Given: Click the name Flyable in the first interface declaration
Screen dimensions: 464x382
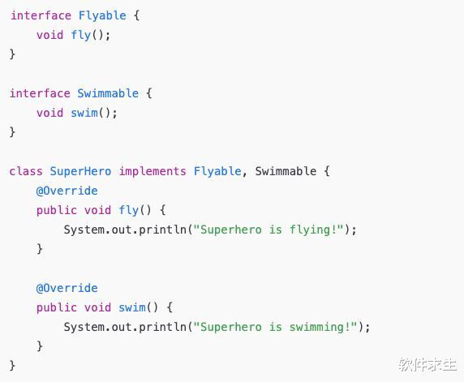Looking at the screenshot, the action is pyautogui.click(x=102, y=15).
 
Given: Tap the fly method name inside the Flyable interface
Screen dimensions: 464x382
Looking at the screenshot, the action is pyautogui.click(x=81, y=35).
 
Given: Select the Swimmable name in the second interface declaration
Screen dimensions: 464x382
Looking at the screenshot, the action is pyautogui.click(x=108, y=93).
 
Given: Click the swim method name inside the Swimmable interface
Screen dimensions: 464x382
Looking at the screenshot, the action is pyautogui.click(x=84, y=113).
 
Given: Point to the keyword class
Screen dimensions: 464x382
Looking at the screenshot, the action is pyautogui.click(x=26, y=171).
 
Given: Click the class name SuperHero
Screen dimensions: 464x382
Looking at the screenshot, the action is pyautogui.click(x=80, y=172).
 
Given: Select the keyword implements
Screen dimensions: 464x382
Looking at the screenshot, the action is pyautogui.click(x=153, y=172).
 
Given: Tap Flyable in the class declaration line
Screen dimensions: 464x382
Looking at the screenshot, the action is pyautogui.click(x=217, y=172).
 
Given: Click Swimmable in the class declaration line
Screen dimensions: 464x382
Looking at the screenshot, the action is pyautogui.click(x=286, y=171).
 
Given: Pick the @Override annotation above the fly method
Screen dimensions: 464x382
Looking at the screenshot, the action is pyautogui.click(x=67, y=191).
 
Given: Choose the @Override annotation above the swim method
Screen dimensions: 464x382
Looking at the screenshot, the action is pyautogui.click(x=67, y=288).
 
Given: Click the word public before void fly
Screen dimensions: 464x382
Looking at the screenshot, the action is pyautogui.click(x=57, y=210).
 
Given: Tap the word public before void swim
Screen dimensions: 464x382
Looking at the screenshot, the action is pyautogui.click(x=57, y=307).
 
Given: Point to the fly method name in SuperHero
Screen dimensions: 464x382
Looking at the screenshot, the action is pyautogui.click(x=129, y=210).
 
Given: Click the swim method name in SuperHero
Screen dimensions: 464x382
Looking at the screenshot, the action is pyautogui.click(x=132, y=307).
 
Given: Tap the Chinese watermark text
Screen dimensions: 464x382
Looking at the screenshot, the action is pyautogui.click(x=427, y=364).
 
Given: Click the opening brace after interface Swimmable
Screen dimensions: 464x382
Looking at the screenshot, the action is pyautogui.click(x=149, y=93).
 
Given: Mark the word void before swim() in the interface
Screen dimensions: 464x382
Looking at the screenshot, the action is pyautogui.click(x=50, y=113).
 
